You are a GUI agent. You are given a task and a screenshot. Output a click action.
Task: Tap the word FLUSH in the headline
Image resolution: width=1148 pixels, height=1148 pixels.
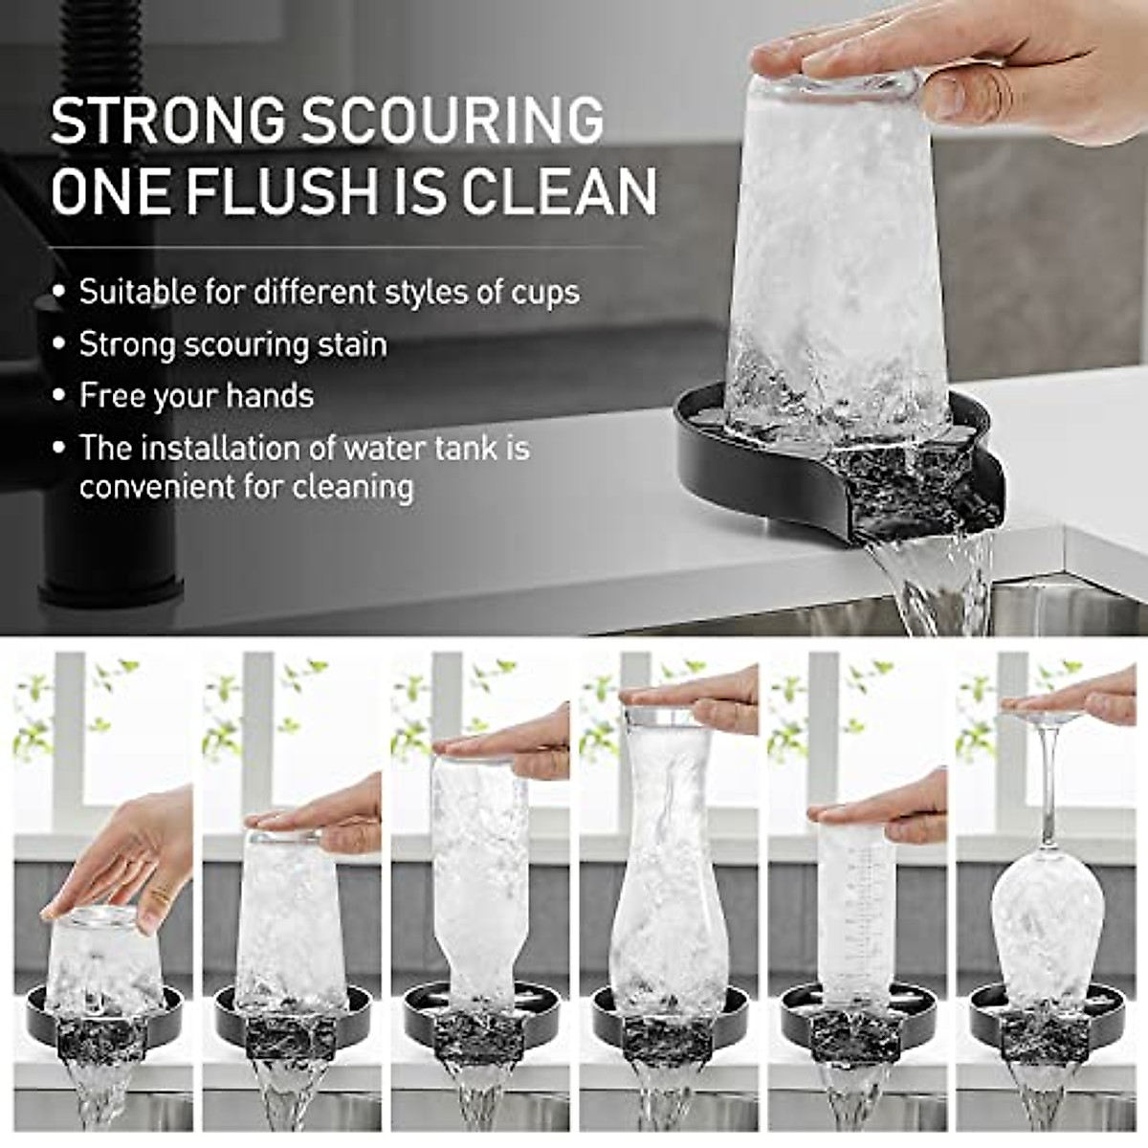[284, 191]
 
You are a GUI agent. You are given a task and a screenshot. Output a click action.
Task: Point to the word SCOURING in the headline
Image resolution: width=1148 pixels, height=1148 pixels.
[453, 121]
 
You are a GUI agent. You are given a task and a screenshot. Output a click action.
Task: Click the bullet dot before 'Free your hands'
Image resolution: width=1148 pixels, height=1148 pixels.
[60, 396]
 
